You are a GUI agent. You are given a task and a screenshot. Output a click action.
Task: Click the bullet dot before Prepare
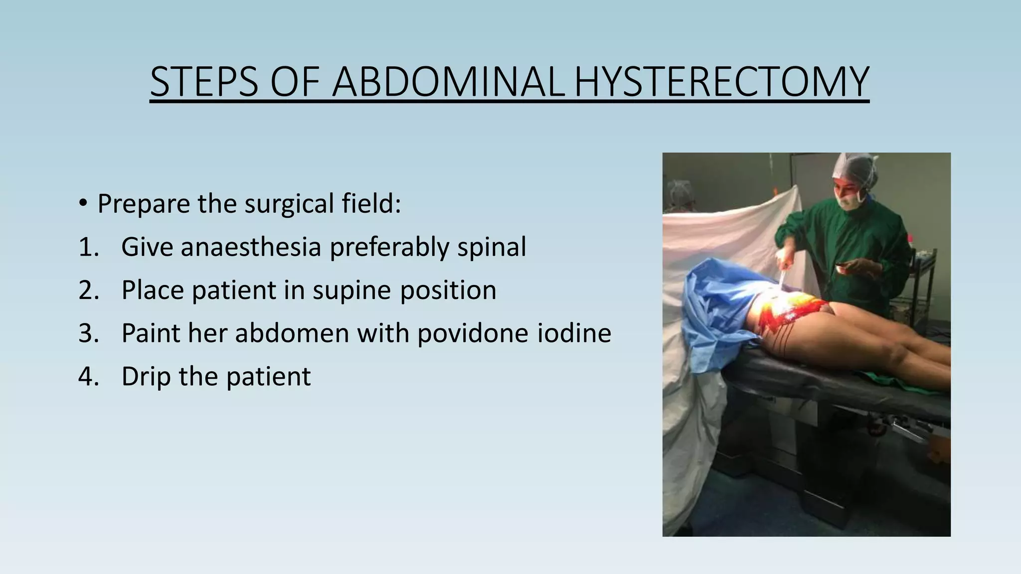(83, 203)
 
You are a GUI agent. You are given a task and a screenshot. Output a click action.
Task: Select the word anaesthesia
(250, 247)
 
